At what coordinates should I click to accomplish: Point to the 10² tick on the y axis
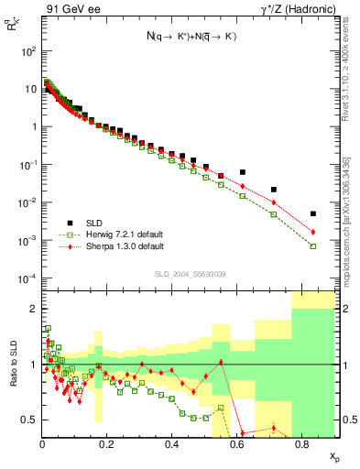[27, 51]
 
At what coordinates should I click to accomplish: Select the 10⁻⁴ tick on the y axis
[27, 278]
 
